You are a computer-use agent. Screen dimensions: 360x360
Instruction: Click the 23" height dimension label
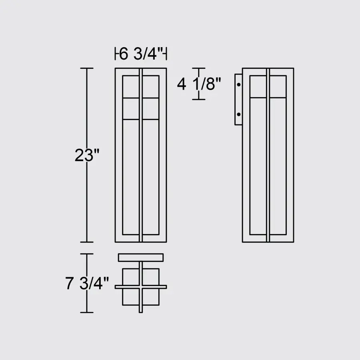pos(86,155)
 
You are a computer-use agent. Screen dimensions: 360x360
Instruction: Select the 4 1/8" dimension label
pos(199,84)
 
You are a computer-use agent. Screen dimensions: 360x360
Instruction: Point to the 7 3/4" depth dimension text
pos(87,284)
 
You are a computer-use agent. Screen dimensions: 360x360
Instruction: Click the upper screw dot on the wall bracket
pos(239,85)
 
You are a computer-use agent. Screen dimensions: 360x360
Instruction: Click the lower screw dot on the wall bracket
pos(239,114)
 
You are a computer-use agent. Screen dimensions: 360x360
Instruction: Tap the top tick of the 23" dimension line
pos(87,68)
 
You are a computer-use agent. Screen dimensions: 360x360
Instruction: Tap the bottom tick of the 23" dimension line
pos(87,242)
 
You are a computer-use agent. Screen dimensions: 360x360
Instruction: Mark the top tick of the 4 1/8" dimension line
pos(199,68)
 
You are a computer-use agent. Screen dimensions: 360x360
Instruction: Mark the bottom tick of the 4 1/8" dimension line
pos(199,99)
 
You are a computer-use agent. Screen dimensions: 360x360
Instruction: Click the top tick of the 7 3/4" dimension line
pos(87,254)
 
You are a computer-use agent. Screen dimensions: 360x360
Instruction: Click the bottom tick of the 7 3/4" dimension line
pos(87,312)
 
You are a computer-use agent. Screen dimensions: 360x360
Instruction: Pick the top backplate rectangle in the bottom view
pos(141,257)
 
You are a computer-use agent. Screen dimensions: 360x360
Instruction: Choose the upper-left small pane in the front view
pos(130,86)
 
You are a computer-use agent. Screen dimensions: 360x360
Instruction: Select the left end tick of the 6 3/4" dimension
pos(116,53)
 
